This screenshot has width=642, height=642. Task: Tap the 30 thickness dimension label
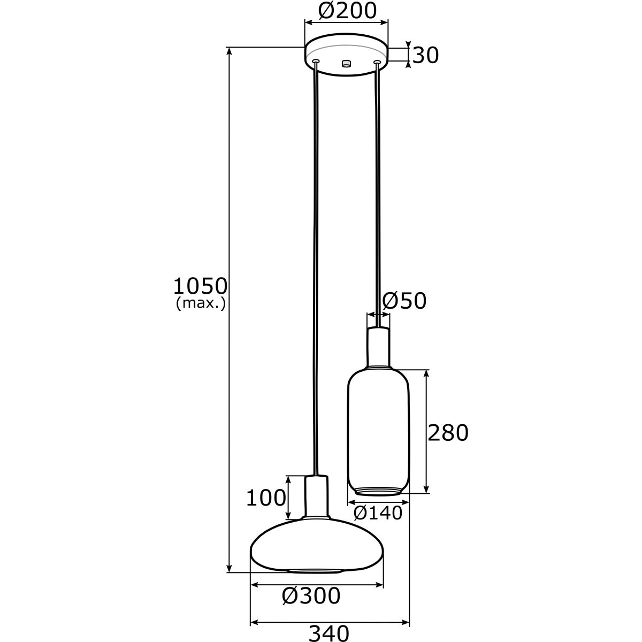[x=425, y=55]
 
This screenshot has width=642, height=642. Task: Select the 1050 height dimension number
[x=200, y=286]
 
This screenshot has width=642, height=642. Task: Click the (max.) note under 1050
[x=201, y=303]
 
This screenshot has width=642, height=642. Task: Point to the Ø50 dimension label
[x=404, y=301]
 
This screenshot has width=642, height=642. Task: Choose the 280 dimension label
[x=448, y=433]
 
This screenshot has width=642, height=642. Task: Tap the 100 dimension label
[x=266, y=499]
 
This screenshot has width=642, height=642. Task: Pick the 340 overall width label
[x=329, y=632]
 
